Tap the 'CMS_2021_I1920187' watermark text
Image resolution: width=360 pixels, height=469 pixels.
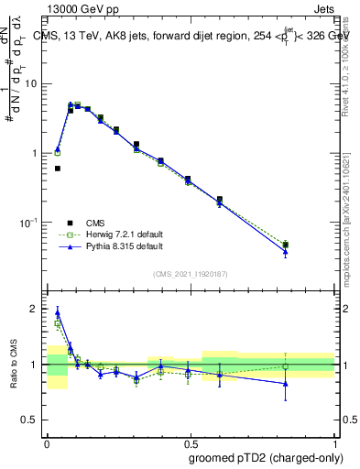point(191,274)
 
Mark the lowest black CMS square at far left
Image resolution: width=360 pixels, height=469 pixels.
point(57,169)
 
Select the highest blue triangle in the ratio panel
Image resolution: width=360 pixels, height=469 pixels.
point(57,311)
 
